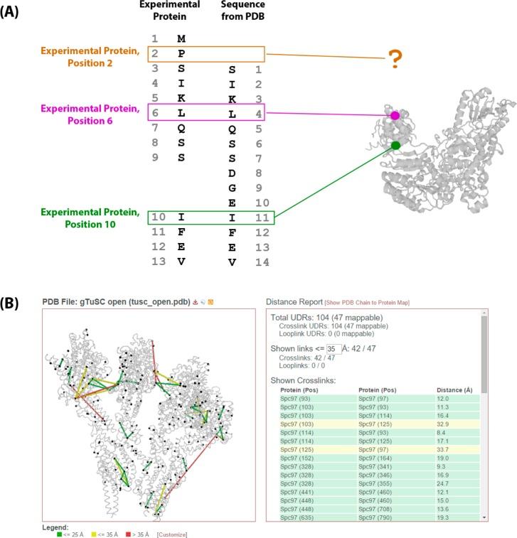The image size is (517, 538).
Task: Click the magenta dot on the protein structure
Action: click(395, 115)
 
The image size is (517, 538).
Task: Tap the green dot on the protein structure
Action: click(395, 146)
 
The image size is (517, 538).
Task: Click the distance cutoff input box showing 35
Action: click(331, 348)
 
